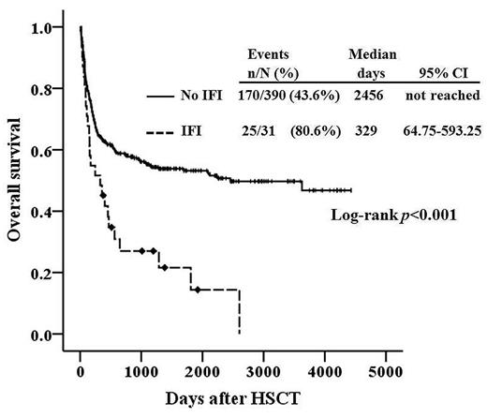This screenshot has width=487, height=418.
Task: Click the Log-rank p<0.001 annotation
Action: pos(393,215)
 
